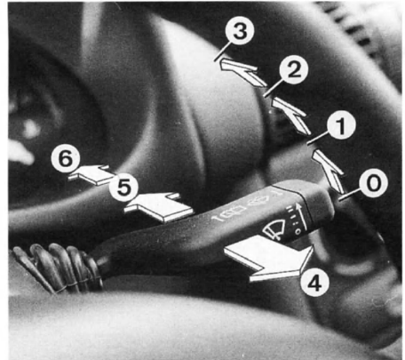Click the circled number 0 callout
click(373, 183)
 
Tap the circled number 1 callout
click(341, 125)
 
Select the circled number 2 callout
click(294, 70)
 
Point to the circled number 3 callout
click(240, 31)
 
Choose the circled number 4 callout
click(314, 284)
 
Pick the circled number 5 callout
click(123, 188)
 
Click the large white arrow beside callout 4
click(269, 258)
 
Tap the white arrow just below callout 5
click(159, 206)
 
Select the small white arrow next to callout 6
click(91, 175)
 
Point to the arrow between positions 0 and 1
click(329, 172)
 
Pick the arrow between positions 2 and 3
click(243, 72)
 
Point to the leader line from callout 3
click(222, 52)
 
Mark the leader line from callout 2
click(273, 87)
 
